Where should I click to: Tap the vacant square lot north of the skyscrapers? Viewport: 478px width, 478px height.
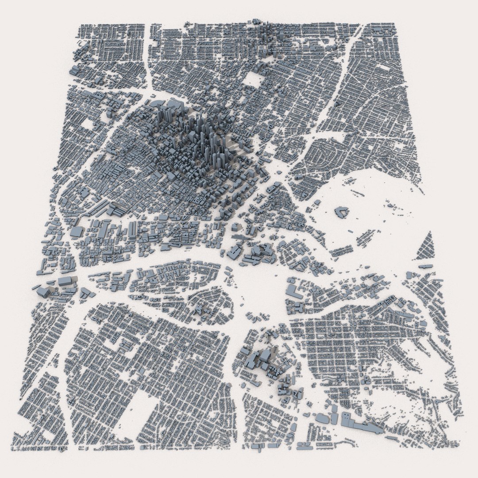253,80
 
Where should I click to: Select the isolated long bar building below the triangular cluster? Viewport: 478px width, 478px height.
425,266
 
